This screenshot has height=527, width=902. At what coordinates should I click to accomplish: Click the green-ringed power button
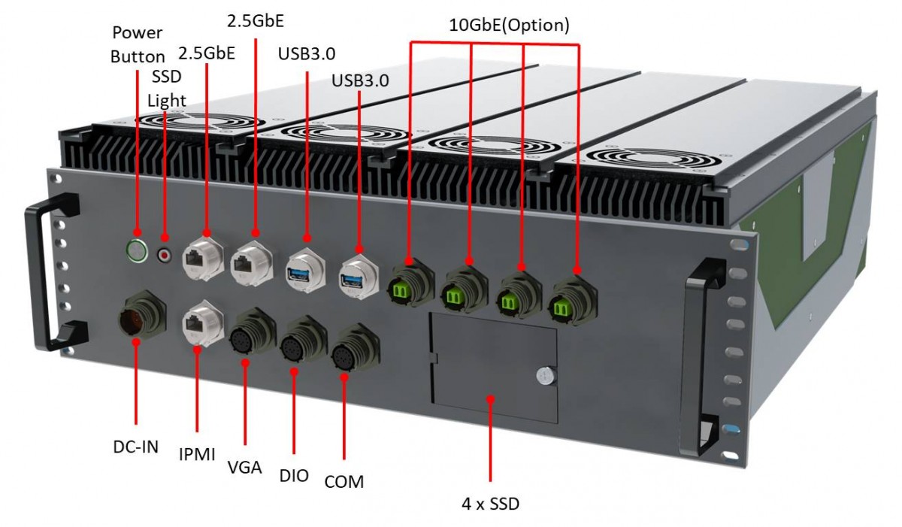[x=137, y=250]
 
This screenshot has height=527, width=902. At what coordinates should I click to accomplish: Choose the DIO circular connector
[x=295, y=347]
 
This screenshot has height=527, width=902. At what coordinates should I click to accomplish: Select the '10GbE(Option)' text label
[x=509, y=24]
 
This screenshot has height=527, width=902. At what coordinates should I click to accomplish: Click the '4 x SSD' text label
[x=490, y=503]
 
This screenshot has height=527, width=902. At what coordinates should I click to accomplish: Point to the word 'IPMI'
[x=197, y=454]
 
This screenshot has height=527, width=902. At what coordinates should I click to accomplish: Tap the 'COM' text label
[x=344, y=482]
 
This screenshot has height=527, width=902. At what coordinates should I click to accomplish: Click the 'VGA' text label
[x=244, y=467]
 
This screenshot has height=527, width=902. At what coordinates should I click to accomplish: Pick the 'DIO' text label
[x=294, y=475]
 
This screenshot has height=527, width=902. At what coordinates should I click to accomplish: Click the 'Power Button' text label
[x=138, y=44]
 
